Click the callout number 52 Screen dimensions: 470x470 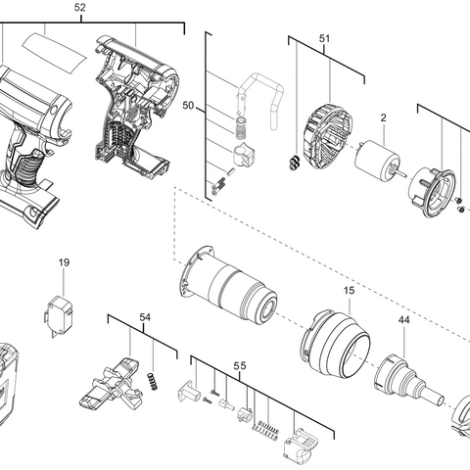tap(80, 8)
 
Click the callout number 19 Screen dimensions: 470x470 tap(64, 262)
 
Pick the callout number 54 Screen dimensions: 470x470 tap(145, 318)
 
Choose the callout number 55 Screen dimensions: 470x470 tap(240, 365)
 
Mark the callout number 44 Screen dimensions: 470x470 tap(403, 321)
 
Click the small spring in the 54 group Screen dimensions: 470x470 tap(153, 379)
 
